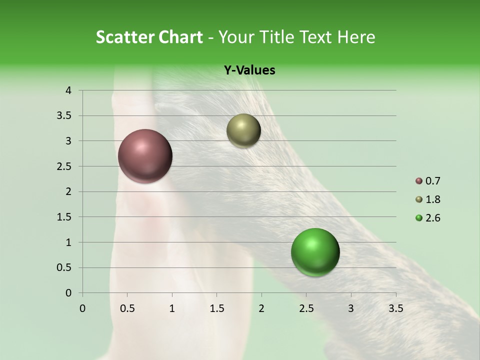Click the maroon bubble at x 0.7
click(x=145, y=156)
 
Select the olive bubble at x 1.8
click(x=243, y=131)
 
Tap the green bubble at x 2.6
click(x=315, y=252)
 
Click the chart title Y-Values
click(x=249, y=70)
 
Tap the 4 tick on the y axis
click(x=68, y=90)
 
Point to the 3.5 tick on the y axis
click(x=65, y=116)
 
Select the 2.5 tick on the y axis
click(x=65, y=166)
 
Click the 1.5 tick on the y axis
click(x=65, y=217)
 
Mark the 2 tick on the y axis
click(x=68, y=191)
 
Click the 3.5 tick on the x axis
click(x=395, y=308)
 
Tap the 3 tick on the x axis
click(x=351, y=308)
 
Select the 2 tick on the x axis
click(x=261, y=308)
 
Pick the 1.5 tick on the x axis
click(x=216, y=308)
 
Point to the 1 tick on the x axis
click(x=172, y=308)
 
